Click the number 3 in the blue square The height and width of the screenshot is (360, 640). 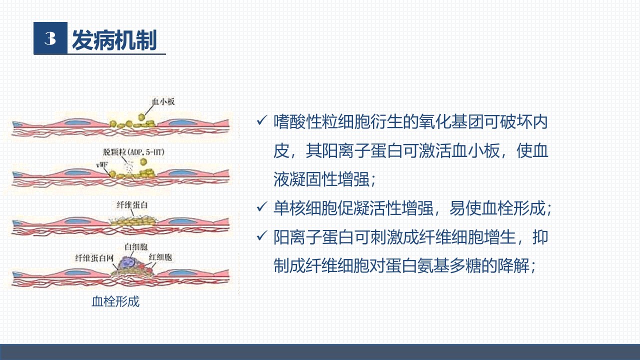tap(50, 38)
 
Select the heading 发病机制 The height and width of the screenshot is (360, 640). tap(114, 40)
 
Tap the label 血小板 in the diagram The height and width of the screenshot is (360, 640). tap(163, 101)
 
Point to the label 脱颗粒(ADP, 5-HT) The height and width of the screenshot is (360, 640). tap(134, 152)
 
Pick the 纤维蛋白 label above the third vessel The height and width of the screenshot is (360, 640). tap(132, 205)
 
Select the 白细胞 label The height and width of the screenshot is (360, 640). tap(136, 246)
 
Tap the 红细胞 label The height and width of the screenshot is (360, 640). tap(160, 257)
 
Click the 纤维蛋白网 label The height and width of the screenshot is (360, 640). tap(94, 258)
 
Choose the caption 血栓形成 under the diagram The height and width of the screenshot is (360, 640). tap(115, 301)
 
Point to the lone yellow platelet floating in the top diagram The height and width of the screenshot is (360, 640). tap(141, 117)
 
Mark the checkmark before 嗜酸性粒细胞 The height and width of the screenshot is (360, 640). tap(261, 120)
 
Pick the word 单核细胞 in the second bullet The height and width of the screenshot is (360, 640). tap(305, 208)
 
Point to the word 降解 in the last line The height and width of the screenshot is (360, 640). tap(513, 266)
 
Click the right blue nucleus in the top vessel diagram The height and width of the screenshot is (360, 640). tap(181, 123)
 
